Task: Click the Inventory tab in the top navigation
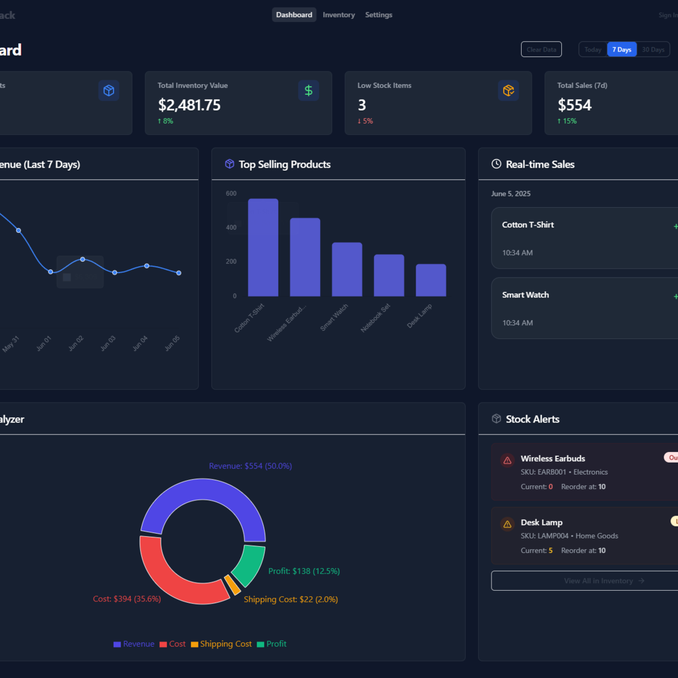tap(338, 15)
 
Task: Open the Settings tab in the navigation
tap(379, 15)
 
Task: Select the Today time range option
tap(593, 50)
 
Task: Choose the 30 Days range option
tap(653, 50)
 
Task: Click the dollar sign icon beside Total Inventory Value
tap(308, 90)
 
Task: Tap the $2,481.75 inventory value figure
tap(189, 105)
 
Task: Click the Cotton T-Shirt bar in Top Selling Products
tap(263, 247)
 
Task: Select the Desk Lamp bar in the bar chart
tap(431, 280)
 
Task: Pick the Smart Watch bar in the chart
tap(347, 269)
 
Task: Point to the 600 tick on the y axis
tap(231, 193)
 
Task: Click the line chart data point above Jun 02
tap(82, 259)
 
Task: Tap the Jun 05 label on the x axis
tap(172, 343)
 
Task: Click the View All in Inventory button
tap(584, 581)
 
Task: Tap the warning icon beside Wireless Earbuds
tap(507, 461)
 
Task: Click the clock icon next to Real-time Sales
tap(496, 164)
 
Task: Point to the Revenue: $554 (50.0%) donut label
tap(250, 466)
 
